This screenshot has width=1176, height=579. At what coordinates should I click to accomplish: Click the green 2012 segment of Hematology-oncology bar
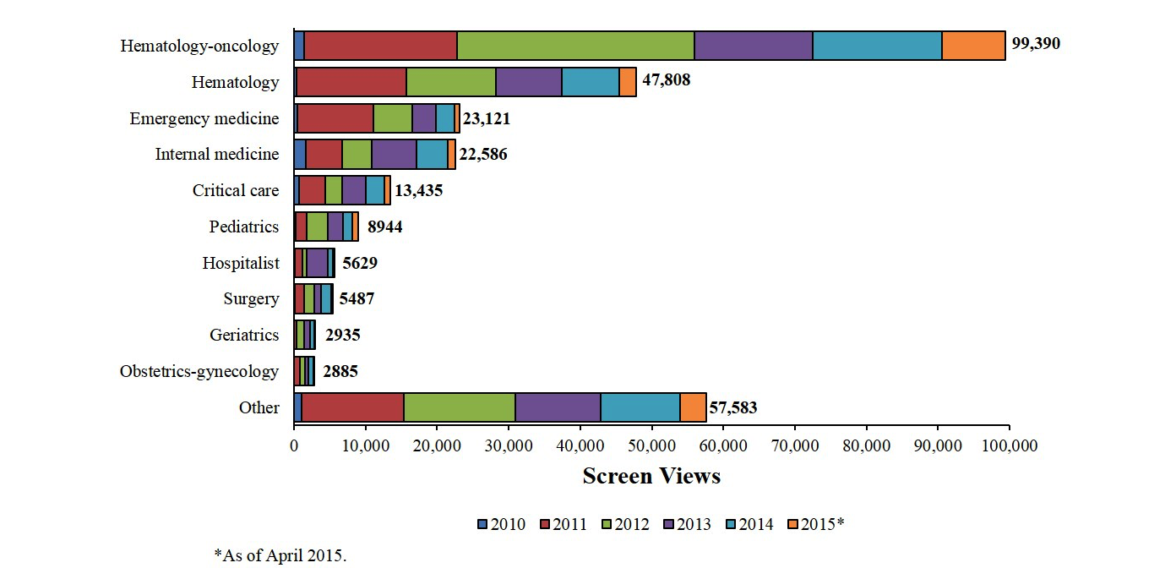575,46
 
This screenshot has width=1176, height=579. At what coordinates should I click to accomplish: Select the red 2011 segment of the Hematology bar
351,82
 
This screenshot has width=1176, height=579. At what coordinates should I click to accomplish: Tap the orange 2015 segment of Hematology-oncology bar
973,46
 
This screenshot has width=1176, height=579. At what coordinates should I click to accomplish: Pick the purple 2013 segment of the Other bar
558,407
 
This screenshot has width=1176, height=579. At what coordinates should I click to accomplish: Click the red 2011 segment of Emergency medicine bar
335,118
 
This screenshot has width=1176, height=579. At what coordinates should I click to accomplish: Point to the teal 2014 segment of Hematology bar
591,82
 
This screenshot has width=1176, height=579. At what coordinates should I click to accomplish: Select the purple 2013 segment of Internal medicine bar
394,155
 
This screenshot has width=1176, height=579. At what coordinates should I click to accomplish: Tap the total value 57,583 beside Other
732,407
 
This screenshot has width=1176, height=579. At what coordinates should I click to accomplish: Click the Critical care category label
236,190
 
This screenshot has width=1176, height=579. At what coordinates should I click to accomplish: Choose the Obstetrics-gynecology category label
199,371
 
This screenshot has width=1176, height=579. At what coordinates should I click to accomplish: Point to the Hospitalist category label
241,263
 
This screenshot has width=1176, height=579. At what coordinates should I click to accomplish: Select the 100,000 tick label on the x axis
1009,445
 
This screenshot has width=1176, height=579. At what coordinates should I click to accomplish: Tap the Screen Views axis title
651,476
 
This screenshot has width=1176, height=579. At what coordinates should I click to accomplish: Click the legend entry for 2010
502,525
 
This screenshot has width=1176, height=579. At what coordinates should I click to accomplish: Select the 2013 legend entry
687,525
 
